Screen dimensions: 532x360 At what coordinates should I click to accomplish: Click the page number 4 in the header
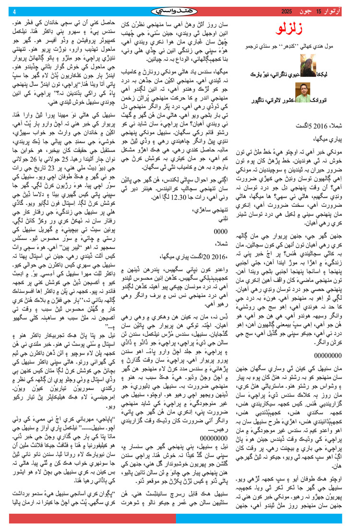click(x=15, y=12)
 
